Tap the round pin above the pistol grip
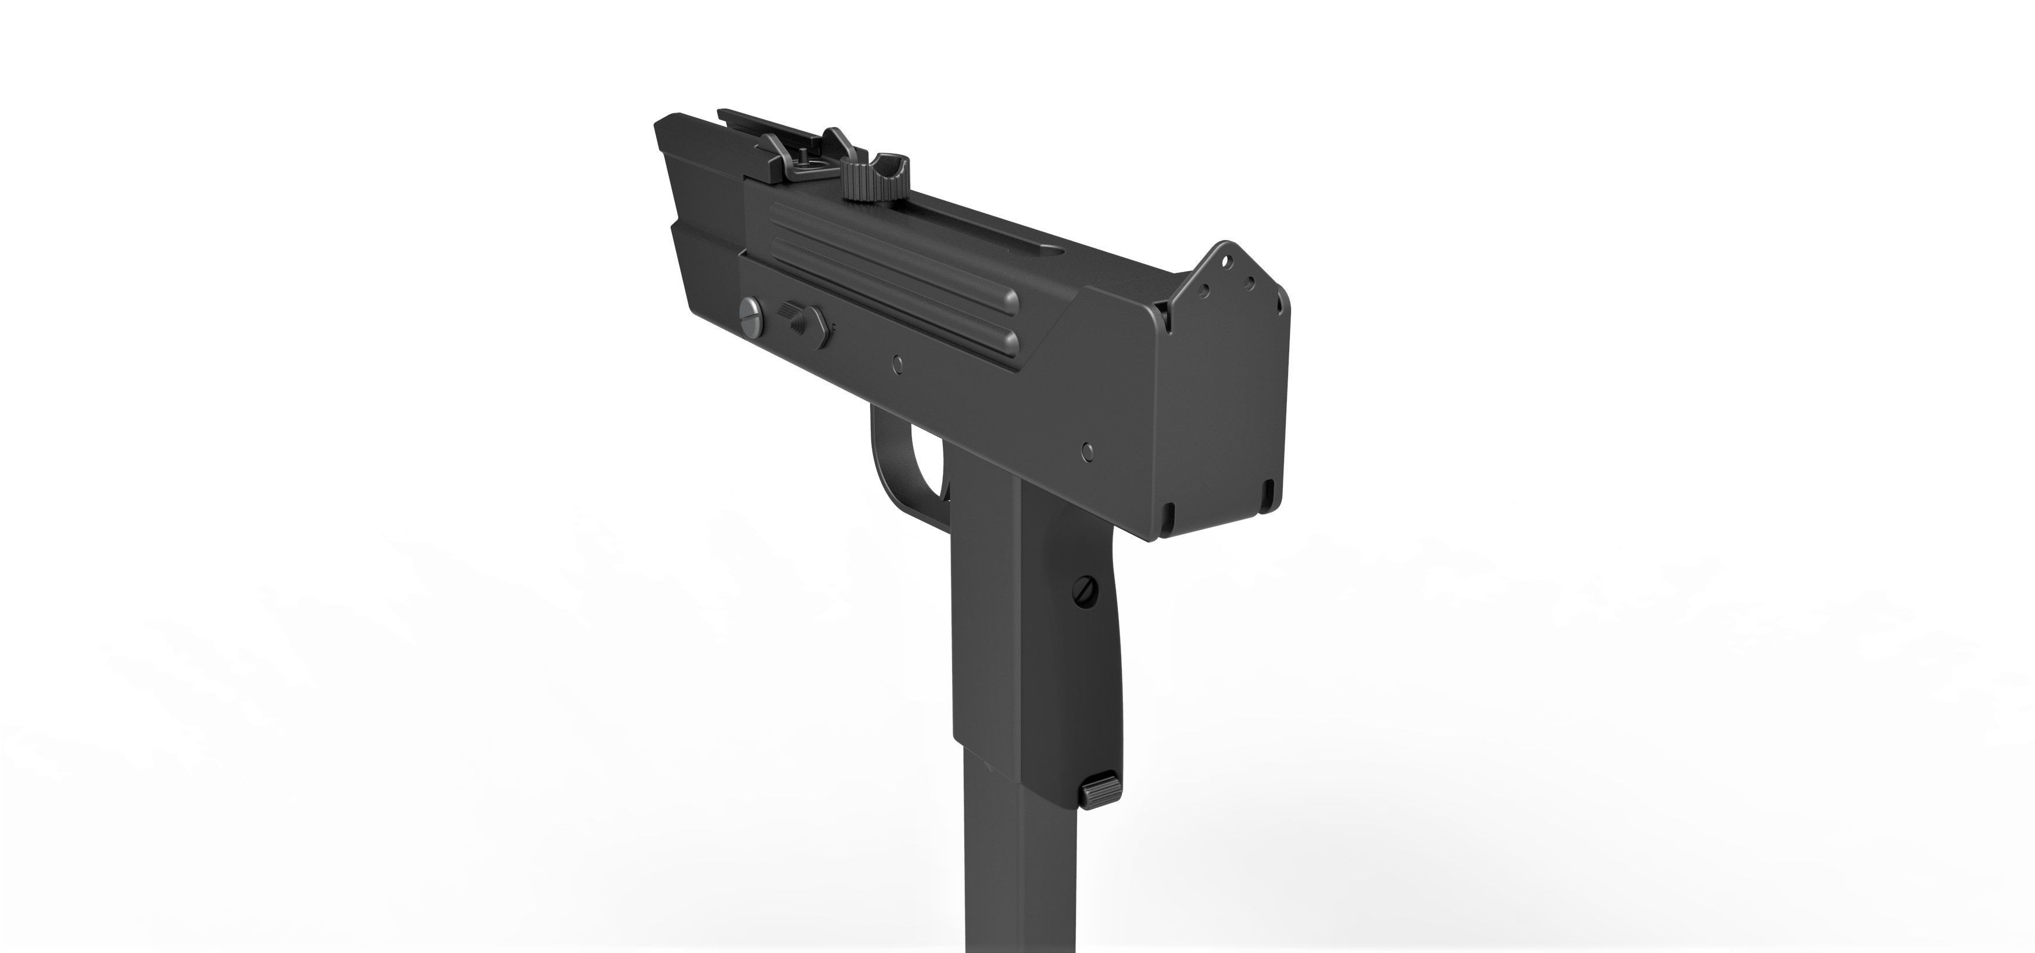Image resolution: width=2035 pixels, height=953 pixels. click(x=1088, y=450)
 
